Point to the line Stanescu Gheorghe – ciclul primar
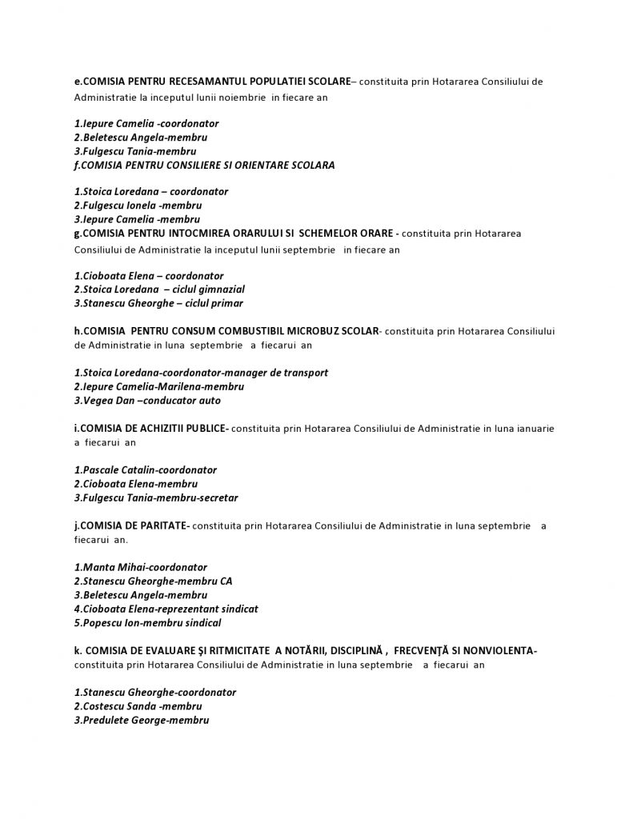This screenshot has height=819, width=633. (x=158, y=303)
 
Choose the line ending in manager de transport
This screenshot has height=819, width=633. (x=200, y=373)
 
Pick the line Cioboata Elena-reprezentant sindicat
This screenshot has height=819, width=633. (x=166, y=609)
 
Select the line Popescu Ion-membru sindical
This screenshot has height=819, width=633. (x=147, y=623)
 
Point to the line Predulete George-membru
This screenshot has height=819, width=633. (x=141, y=721)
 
